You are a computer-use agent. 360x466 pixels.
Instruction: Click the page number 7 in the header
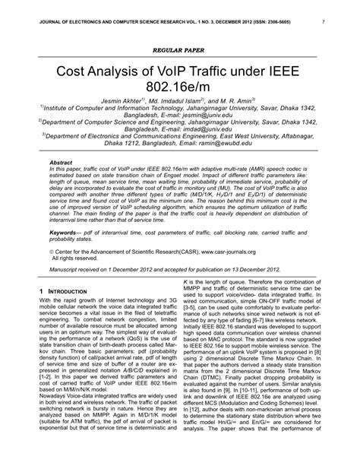(324, 22)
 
